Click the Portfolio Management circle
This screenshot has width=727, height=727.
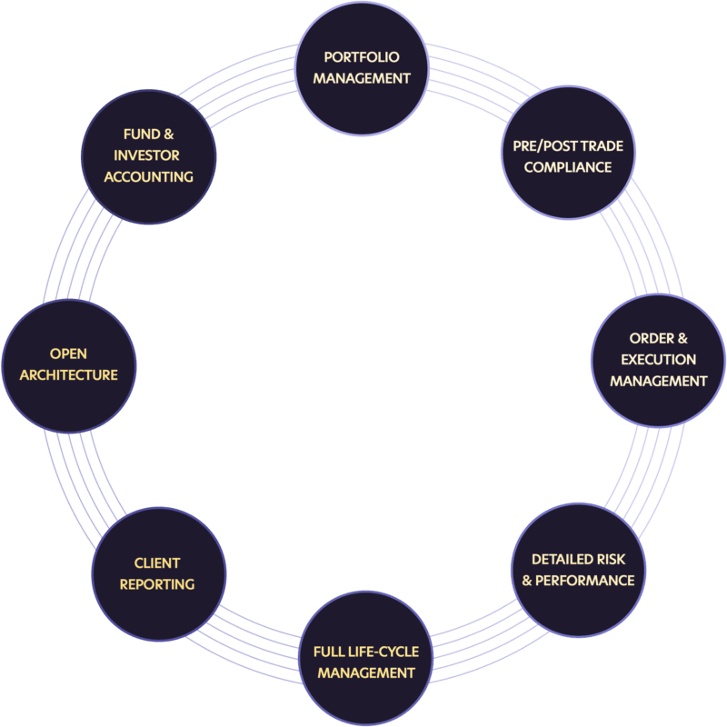click(363, 68)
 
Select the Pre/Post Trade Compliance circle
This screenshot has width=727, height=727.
click(568, 155)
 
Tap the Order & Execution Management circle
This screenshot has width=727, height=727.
click(658, 360)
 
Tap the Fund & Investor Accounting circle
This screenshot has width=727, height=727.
click(148, 155)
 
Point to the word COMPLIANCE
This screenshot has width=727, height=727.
click(568, 167)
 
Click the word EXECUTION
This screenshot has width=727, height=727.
click(659, 360)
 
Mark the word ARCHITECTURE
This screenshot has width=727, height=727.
click(70, 374)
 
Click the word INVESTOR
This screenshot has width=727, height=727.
click(147, 155)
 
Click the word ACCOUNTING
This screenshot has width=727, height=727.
click(148, 176)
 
